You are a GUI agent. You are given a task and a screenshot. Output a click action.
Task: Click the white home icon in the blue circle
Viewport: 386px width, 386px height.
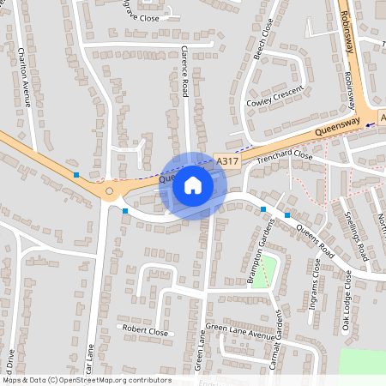[x=193, y=185]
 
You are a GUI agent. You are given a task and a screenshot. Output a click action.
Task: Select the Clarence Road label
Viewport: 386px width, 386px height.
[x=184, y=72]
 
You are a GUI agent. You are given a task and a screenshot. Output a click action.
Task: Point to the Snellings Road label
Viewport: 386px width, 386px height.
[x=356, y=237]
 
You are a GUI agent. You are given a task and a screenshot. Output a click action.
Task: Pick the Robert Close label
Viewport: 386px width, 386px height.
[x=145, y=329]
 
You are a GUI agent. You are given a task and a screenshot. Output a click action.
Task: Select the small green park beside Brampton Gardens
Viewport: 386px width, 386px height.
[x=269, y=270]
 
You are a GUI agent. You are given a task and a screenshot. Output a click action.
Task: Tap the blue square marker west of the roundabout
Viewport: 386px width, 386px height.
[x=76, y=175]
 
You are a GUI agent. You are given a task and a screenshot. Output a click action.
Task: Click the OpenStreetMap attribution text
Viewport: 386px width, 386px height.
[x=87, y=380]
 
